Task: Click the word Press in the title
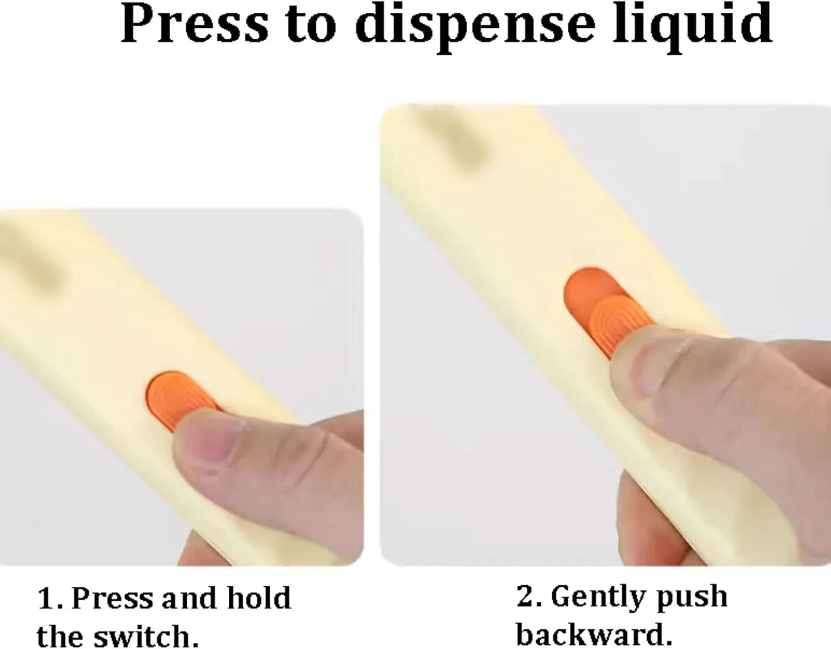tap(194, 24)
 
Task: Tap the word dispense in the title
tap(475, 27)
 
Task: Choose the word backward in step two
tap(589, 634)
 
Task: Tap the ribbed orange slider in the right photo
tap(622, 323)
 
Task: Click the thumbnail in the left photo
tap(207, 440)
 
